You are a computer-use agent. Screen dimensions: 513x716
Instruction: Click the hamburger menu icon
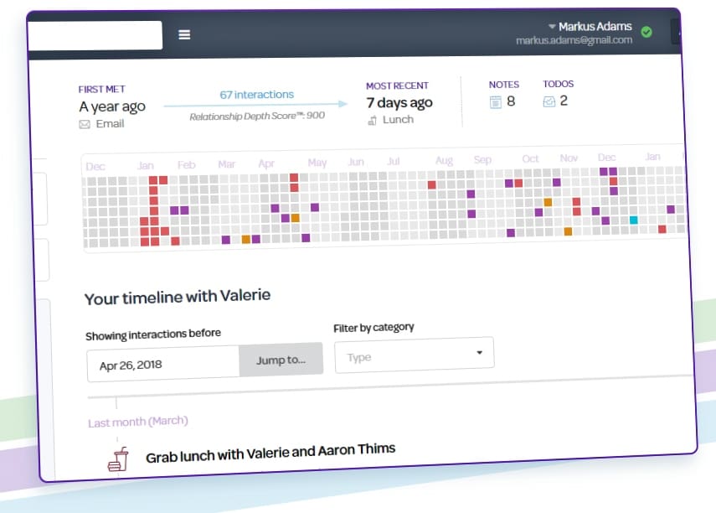click(184, 34)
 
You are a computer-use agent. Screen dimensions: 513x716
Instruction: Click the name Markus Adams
click(594, 27)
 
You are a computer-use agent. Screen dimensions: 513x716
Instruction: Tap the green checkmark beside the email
click(646, 32)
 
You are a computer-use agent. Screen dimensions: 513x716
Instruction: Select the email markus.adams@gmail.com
click(574, 40)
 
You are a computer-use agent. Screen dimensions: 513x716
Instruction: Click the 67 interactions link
click(256, 95)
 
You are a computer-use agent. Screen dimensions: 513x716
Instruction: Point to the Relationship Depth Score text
click(257, 117)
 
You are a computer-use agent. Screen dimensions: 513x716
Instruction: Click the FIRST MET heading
click(102, 89)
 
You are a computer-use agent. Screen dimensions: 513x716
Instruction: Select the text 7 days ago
click(399, 102)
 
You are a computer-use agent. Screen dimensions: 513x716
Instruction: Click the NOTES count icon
click(495, 101)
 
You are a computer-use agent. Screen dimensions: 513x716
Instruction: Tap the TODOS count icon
click(549, 101)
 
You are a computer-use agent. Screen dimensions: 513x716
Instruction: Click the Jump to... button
click(281, 359)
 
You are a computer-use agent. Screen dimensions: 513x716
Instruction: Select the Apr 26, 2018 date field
click(163, 365)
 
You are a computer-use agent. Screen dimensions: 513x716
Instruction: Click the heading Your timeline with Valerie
click(178, 297)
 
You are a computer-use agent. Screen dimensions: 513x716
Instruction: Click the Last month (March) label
click(138, 422)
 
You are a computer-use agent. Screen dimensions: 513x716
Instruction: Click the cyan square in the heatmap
click(633, 220)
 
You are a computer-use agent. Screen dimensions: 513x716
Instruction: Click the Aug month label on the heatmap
click(444, 160)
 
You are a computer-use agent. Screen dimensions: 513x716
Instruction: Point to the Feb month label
click(186, 164)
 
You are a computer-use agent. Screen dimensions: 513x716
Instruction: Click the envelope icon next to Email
click(85, 124)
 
